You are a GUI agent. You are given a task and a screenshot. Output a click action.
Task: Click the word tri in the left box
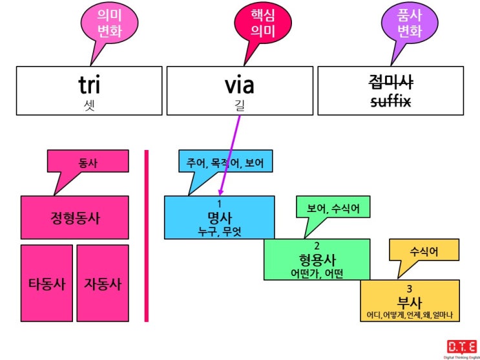(89, 85)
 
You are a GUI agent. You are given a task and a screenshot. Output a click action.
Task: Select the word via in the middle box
(240, 85)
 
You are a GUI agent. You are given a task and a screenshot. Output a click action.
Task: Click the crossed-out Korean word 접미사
(391, 82)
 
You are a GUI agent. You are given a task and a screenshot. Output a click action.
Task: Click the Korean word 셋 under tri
(89, 105)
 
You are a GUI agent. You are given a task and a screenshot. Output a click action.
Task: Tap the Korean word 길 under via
(240, 105)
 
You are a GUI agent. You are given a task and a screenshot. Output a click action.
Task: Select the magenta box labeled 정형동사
(75, 217)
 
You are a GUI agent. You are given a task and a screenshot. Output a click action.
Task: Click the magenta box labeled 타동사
(47, 283)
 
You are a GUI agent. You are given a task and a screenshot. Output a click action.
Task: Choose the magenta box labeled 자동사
(103, 283)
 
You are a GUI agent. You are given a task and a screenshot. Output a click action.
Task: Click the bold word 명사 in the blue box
(220, 218)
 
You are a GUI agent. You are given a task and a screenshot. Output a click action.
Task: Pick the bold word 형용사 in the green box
(317, 260)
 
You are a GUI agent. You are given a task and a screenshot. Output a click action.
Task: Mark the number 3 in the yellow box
(410, 288)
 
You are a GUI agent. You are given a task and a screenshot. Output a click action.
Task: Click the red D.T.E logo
(462, 346)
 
